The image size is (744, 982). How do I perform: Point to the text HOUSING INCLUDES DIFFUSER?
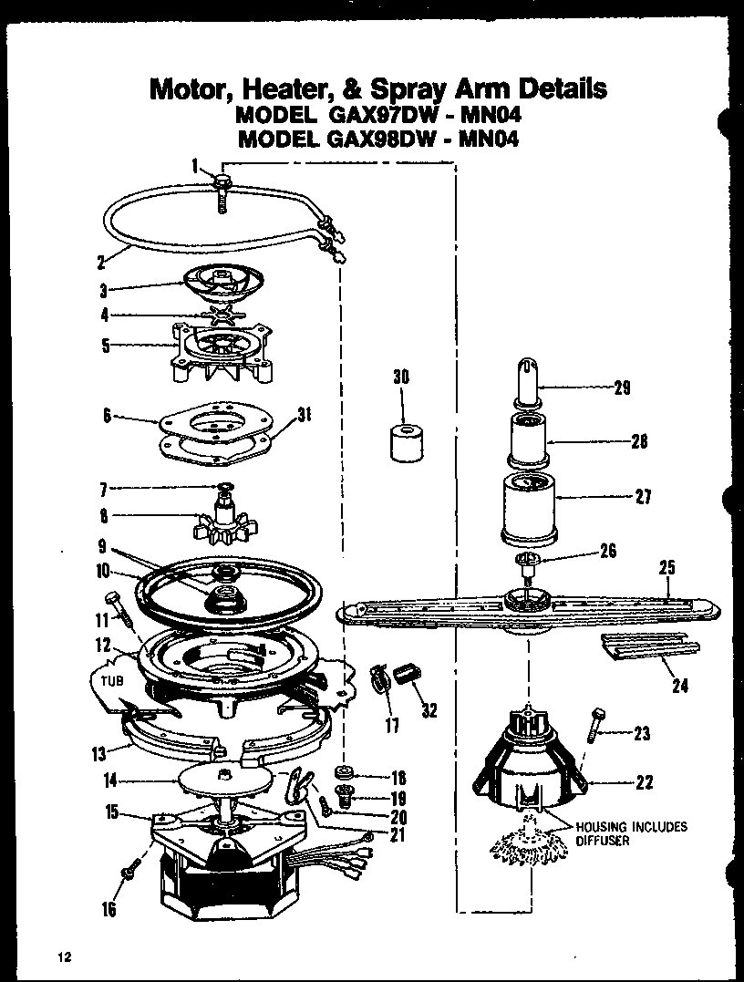[630, 833]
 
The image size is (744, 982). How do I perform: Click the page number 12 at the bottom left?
[63, 956]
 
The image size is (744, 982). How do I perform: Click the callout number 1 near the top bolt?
[195, 165]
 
